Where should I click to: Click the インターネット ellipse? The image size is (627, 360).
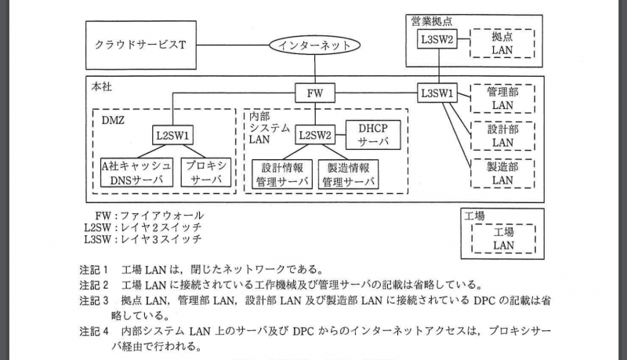[x=315, y=45]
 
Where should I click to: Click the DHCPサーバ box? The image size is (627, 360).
[x=368, y=134]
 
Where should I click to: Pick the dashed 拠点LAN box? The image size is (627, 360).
[x=502, y=43]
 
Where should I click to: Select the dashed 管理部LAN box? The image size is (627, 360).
[x=502, y=98]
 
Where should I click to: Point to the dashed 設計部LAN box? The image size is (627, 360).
[x=502, y=135]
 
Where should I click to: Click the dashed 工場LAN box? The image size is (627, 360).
[x=502, y=238]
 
